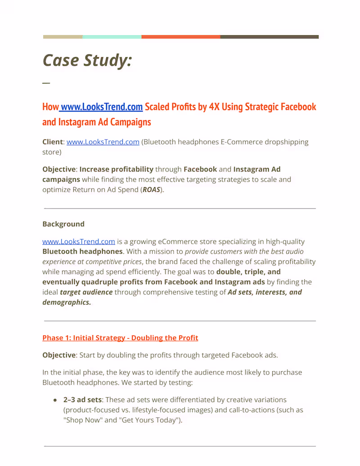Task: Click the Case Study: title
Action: click(x=87, y=60)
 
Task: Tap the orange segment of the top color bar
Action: click(x=180, y=37)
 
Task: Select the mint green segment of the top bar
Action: click(x=112, y=37)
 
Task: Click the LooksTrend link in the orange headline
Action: click(x=102, y=107)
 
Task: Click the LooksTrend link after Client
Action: click(x=103, y=142)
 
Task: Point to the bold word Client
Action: click(x=53, y=142)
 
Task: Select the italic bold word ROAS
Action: click(x=151, y=190)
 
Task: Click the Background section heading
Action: click(x=63, y=224)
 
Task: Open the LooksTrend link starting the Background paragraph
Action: click(x=79, y=241)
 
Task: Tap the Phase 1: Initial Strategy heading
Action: click(x=120, y=338)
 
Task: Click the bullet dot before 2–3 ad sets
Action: click(x=55, y=400)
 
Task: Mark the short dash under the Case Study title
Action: click(x=46, y=83)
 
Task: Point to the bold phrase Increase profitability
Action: click(x=116, y=169)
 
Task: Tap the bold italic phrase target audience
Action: click(x=86, y=292)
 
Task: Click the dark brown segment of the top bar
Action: click(x=269, y=37)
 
